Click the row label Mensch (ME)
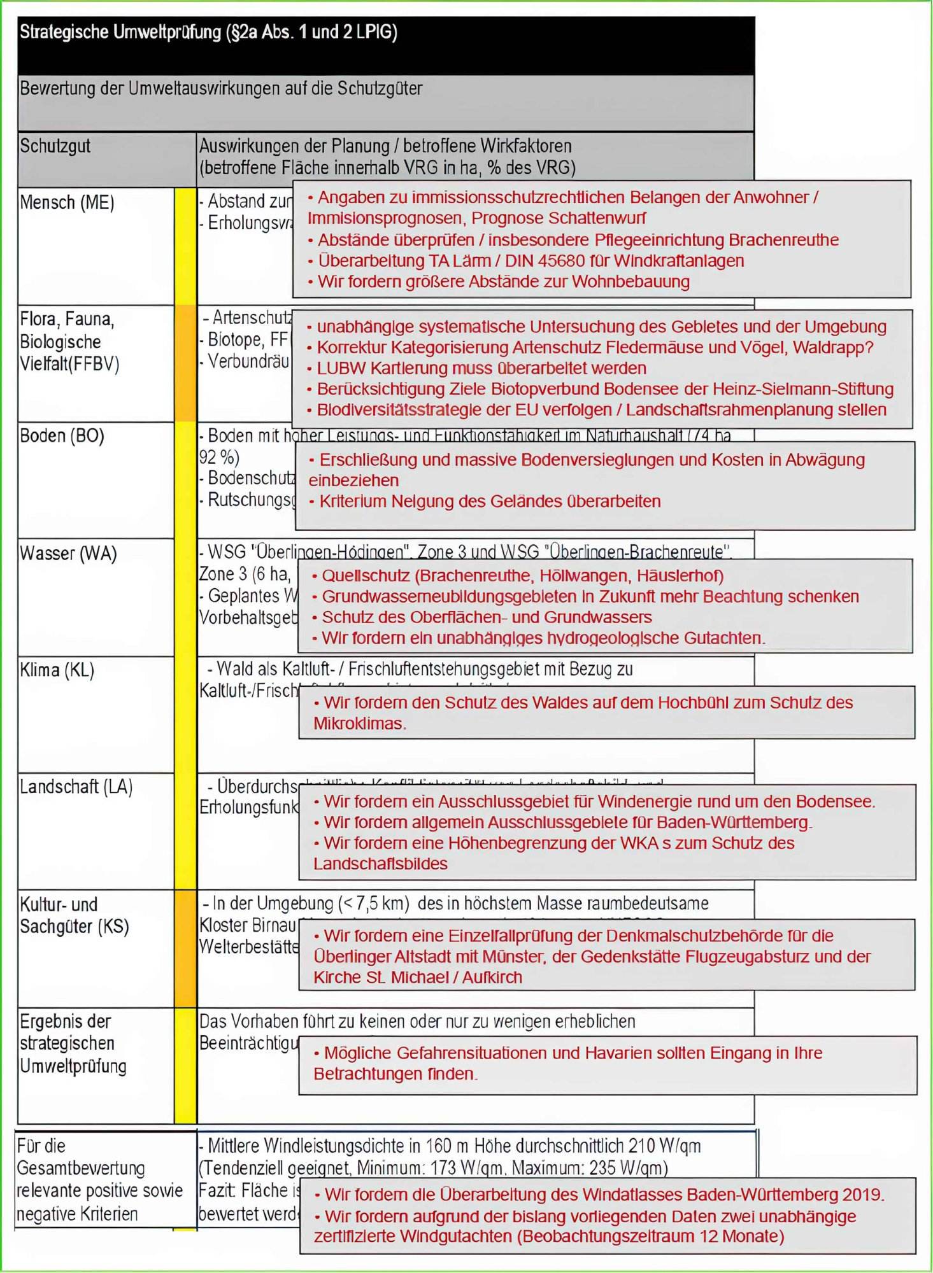point(67,202)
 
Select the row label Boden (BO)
point(62,436)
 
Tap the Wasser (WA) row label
point(68,553)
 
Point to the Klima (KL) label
point(57,670)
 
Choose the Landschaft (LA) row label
point(76,787)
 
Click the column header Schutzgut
point(55,146)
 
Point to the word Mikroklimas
point(359,724)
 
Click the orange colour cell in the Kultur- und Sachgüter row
point(185,948)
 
